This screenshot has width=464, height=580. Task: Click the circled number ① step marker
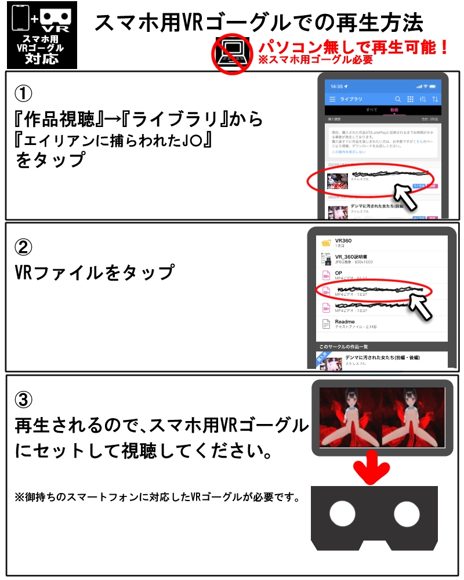coord(24,92)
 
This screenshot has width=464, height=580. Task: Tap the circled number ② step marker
coord(24,246)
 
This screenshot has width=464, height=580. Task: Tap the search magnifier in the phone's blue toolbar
coord(398,99)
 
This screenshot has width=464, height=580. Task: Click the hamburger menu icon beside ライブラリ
coord(332,99)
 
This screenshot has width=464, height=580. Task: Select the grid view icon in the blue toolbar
coord(411,99)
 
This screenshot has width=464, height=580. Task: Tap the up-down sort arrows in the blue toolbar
coord(435,99)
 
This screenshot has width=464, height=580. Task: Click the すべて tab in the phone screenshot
coord(371,110)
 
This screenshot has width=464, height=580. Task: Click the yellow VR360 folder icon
coord(326,242)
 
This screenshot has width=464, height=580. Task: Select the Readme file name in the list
coord(345,321)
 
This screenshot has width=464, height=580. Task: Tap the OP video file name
coord(339,273)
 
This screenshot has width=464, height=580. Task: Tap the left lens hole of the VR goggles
coord(342,514)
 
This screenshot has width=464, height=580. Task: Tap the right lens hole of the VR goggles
coord(407,514)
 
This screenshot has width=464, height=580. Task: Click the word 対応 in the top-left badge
coord(41,59)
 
